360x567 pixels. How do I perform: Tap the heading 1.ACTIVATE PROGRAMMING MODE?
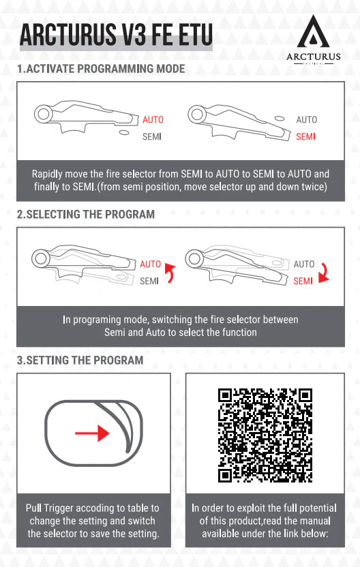click(100, 70)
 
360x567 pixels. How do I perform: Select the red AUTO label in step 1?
click(153, 120)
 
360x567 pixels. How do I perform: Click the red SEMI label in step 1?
click(305, 136)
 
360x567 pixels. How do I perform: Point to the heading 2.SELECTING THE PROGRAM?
click(86, 214)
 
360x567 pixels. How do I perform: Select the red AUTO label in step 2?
click(151, 264)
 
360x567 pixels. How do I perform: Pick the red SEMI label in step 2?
click(303, 281)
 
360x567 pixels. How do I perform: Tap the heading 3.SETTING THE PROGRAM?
click(80, 361)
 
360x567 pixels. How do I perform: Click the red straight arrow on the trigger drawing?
click(93, 433)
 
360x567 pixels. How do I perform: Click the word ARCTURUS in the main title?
click(74, 34)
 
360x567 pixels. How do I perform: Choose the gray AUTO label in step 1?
click(306, 120)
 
